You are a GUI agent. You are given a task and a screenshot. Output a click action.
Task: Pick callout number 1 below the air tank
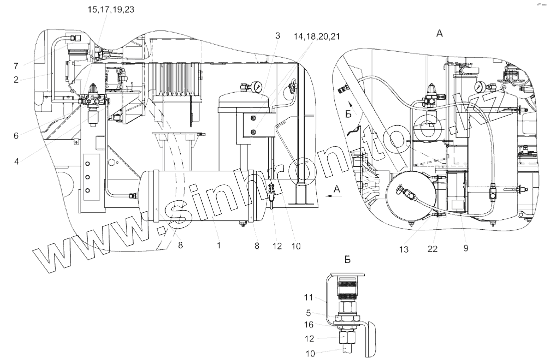pyautogui.click(x=219, y=246)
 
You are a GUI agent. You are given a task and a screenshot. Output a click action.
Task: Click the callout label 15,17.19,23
pyautogui.click(x=111, y=10)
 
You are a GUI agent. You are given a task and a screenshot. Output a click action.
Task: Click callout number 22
pyautogui.click(x=433, y=248)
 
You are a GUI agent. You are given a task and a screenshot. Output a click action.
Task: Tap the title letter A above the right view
pyautogui.click(x=439, y=33)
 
